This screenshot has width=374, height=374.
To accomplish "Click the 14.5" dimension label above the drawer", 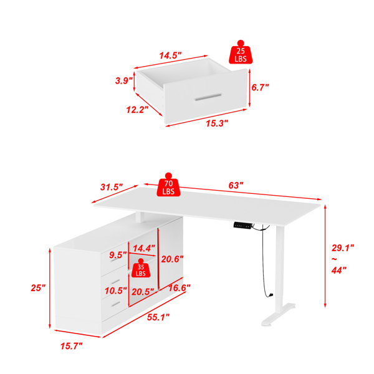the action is tap(170, 55).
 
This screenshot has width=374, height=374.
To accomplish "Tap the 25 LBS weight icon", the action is tap(241, 52).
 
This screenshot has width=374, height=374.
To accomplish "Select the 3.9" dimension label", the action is tap(124, 80).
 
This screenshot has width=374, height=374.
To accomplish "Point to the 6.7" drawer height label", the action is tap(260, 87).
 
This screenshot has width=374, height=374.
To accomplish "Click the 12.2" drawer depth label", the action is tap(137, 110).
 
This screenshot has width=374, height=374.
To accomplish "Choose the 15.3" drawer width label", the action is tap(217, 123).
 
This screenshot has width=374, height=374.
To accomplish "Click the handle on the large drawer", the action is tap(208, 97).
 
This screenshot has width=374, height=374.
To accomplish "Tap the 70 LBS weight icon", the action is tap(168, 185).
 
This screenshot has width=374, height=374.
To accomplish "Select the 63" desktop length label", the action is tap(236, 185).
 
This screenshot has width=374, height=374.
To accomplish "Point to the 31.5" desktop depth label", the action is tap(112, 187).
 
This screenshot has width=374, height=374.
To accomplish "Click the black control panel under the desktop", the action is tap(242, 226).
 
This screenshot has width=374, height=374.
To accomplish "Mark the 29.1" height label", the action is tap(343, 248).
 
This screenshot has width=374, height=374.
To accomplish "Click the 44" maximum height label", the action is tap(339, 271).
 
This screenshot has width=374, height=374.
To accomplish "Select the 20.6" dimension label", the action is tap(172, 259).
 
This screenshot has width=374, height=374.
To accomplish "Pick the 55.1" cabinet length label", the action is tap(158, 317).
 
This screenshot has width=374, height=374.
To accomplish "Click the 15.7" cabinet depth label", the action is tap(71, 346).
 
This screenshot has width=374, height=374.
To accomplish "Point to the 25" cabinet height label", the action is tap(38, 288).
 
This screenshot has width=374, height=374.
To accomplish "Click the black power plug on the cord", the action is tap(271, 295).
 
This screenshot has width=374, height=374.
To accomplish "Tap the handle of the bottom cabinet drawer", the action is tap(116, 304).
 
